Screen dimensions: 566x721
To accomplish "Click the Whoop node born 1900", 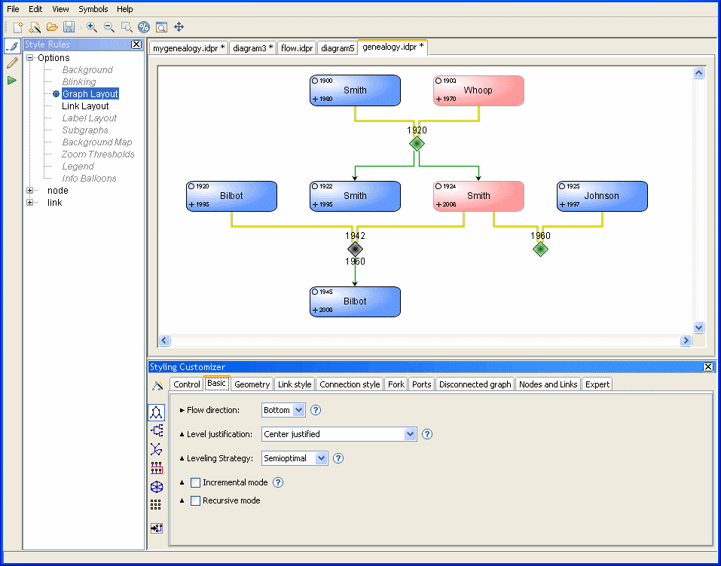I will pos(478,90).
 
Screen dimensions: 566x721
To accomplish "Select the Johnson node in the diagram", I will pos(602,196).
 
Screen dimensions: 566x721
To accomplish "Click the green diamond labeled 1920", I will pos(417,143).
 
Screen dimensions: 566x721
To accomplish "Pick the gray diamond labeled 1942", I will pos(356,249).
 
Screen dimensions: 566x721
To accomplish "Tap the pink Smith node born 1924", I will pos(478,196).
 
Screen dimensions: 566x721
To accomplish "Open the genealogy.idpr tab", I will pos(393,47).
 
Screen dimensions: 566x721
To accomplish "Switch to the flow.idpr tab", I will pos(297,48).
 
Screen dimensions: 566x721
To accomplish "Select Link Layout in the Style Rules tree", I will pos(85,106).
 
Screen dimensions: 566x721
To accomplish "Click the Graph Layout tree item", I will pos(90,94).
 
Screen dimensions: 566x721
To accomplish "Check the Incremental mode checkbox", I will pos(196,482).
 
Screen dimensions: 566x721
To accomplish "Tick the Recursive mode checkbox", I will pos(196,500).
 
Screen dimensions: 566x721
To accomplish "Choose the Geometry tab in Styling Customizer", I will pos(252,384).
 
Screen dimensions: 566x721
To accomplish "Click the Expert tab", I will pos(597,384).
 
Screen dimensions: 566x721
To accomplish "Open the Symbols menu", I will pos(93,9).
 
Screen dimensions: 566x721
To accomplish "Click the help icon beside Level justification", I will pos(427,434).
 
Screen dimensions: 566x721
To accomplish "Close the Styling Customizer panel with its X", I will pos(707,367).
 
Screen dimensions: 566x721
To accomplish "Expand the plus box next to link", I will pos(30,203).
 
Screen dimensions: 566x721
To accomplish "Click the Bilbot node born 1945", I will pos(355,301).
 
